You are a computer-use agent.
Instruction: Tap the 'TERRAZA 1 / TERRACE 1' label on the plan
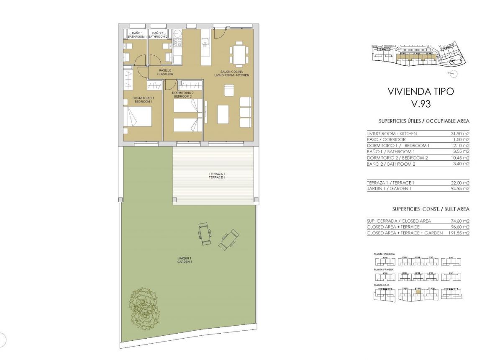[217, 175]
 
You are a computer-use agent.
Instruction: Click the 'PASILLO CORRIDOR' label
[165, 72]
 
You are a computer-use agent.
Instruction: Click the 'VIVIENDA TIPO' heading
[421, 92]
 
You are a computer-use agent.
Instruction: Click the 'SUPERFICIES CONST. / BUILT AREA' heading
[431, 209]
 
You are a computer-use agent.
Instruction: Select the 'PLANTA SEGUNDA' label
[384, 254]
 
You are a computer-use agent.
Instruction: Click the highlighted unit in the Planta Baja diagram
[417, 292]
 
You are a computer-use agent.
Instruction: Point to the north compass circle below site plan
[454, 74]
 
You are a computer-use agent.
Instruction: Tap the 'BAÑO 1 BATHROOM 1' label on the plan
[137, 35]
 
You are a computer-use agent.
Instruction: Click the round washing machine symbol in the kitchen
[177, 33]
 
